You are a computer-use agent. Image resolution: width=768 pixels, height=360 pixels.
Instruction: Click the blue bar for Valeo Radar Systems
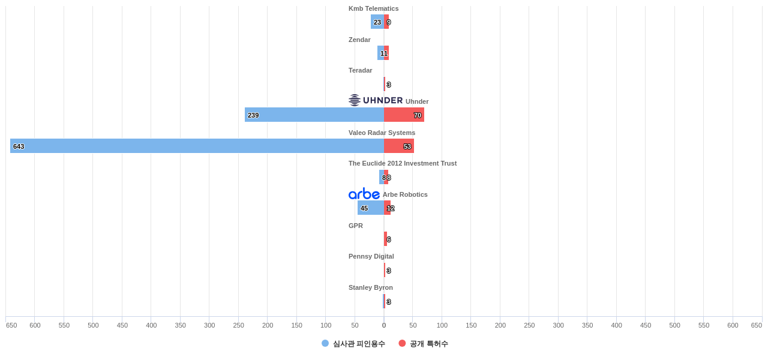pos(197,146)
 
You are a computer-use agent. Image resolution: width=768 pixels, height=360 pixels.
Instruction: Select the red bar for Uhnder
pos(404,115)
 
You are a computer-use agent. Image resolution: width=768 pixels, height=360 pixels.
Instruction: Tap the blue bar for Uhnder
pos(314,115)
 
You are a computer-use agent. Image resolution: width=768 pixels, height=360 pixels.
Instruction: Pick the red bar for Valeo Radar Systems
pos(399,146)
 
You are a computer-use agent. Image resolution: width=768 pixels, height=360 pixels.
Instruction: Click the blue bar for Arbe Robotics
pos(371,208)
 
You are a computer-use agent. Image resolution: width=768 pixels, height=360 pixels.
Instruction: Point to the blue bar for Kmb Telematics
pos(377,22)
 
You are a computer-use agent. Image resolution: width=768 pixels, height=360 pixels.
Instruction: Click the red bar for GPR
pos(385,239)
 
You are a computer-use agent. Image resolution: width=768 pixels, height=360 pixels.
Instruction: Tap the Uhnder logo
pos(376,100)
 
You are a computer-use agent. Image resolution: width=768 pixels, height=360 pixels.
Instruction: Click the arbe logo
pos(364,194)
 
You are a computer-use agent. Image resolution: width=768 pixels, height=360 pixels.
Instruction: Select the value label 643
pos(19,146)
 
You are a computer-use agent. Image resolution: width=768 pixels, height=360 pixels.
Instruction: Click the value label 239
pos(253,115)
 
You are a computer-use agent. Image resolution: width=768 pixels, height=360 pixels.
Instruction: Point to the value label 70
pos(418,115)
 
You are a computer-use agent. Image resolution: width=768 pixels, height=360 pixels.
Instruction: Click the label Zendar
pos(359,40)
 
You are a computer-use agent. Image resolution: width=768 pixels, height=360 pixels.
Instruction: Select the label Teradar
pos(360,70)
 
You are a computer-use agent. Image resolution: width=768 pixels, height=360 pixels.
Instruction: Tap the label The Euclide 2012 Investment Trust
pos(403,163)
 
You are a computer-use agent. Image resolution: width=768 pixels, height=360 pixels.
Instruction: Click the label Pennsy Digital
pos(371,256)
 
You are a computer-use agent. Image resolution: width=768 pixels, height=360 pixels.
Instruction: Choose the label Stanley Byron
pos(371,287)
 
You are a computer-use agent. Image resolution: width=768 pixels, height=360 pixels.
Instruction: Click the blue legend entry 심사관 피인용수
pos(353,344)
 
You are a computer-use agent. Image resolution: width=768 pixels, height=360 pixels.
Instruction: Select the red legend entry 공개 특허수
pos(424,344)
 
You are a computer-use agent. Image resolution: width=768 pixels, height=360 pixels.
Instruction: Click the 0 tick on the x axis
pos(384,325)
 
